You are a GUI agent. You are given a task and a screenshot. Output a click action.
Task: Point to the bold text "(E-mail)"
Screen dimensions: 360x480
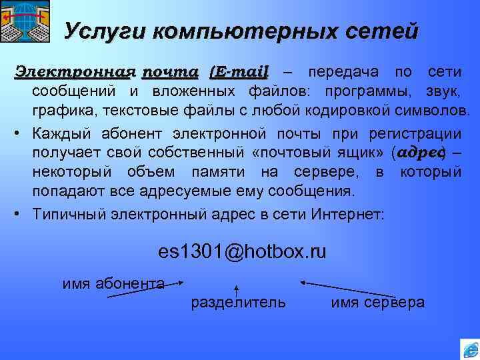[239, 71]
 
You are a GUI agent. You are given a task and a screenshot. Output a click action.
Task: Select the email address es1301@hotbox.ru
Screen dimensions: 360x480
[242, 252]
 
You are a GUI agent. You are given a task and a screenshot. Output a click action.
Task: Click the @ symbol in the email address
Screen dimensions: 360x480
[236, 252]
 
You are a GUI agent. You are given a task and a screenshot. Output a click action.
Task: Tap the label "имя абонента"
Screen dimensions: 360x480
[113, 283]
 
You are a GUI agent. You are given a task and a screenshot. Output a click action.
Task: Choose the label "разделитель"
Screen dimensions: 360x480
[238, 302]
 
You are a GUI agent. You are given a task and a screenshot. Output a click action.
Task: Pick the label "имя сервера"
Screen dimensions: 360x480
[377, 303]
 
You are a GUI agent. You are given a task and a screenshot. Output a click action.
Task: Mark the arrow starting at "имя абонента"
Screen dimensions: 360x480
[144, 289]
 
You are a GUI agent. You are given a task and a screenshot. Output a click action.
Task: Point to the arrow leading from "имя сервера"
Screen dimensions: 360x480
[347, 289]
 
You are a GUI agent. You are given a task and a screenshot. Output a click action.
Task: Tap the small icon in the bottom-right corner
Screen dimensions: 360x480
[469, 350]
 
